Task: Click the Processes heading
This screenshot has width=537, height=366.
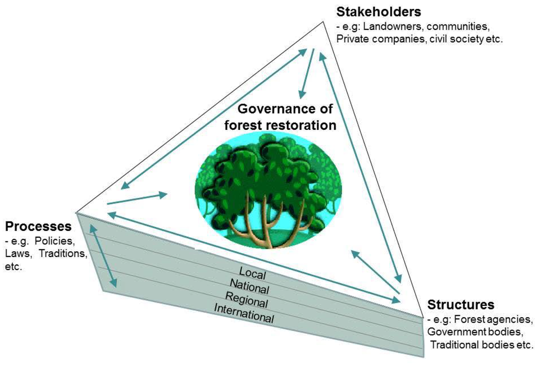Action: click(x=38, y=227)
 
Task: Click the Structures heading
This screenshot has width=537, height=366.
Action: click(x=460, y=305)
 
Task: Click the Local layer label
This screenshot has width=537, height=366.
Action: click(x=253, y=273)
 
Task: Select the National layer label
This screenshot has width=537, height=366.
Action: click(x=250, y=287)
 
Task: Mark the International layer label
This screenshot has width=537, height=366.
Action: click(x=243, y=314)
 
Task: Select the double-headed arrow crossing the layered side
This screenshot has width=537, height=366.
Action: click(x=103, y=256)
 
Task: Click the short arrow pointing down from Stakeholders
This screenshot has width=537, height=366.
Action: click(x=307, y=73)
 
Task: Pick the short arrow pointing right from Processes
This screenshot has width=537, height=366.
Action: click(x=136, y=199)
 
